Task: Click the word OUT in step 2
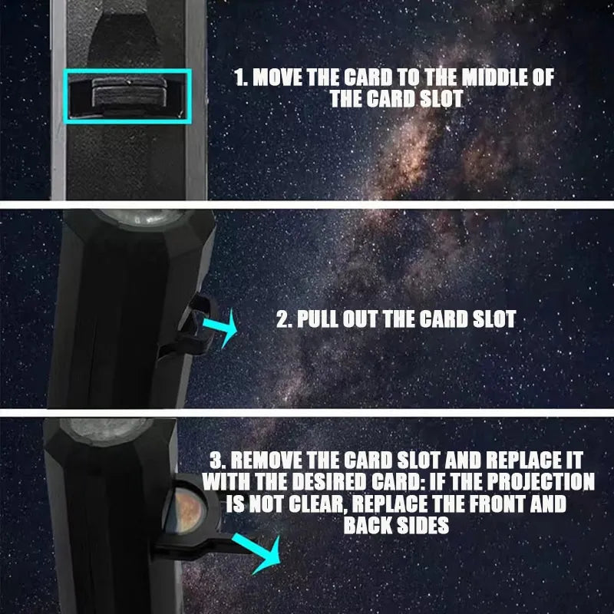click(360, 319)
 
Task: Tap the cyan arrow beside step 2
click(220, 328)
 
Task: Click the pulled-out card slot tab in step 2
click(192, 327)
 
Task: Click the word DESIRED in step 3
click(331, 482)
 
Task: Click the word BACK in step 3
click(368, 525)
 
